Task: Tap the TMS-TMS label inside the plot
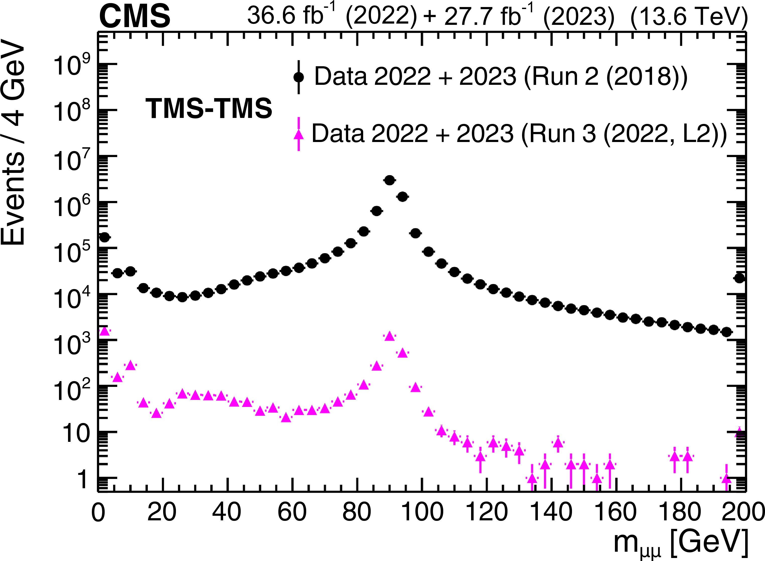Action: (209, 109)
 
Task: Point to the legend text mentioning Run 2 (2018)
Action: (501, 77)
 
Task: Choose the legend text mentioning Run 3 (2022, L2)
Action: (519, 134)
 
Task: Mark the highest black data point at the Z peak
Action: (390, 180)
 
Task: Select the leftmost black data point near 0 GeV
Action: (104, 237)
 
